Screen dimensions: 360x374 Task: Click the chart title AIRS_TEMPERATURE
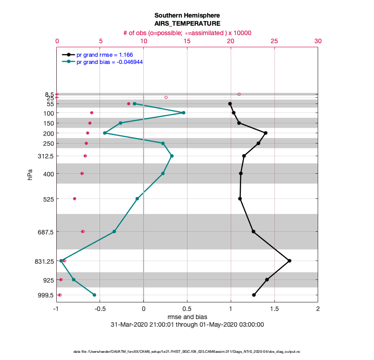coord(187,23)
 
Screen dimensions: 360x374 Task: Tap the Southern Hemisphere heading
coord(187,15)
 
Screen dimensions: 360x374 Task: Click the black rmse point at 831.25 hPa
coord(289,261)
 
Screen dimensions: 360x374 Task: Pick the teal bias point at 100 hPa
coord(183,112)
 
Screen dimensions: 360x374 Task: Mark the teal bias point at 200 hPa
coord(105,133)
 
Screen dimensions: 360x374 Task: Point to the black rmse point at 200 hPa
coord(266,133)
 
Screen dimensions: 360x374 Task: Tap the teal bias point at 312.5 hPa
coord(172,156)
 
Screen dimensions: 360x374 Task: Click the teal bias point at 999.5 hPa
coord(94,295)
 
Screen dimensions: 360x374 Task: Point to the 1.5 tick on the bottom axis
coord(274,309)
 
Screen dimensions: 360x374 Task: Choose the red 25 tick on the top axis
coord(274,41)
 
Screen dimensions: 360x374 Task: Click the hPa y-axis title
coord(30,174)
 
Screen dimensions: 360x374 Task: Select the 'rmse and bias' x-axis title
coord(187,317)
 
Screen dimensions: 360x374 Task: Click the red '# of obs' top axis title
coord(187,33)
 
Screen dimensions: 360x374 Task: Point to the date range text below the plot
coord(187,324)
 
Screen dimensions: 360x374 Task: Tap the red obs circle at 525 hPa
coord(74,198)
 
